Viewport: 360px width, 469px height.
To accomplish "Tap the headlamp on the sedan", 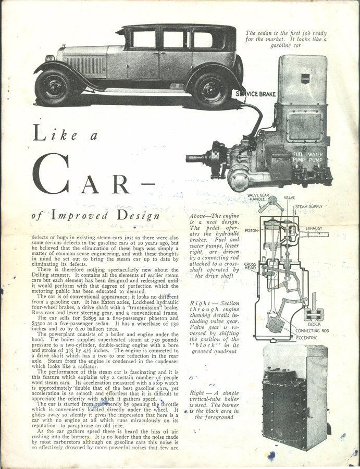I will point(50,58).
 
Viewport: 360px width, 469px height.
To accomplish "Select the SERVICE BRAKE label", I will point(255,94).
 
